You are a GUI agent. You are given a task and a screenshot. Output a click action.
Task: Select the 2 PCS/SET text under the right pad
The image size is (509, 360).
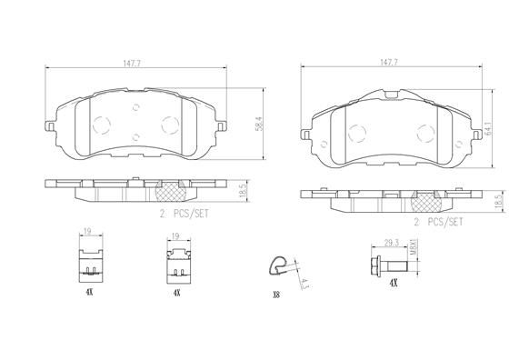[438, 221]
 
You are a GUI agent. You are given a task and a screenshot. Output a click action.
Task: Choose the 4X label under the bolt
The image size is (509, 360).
[393, 284]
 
